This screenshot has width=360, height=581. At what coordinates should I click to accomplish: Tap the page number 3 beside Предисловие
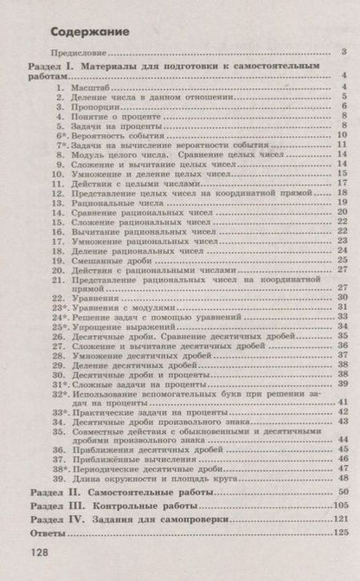tap(343, 55)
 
